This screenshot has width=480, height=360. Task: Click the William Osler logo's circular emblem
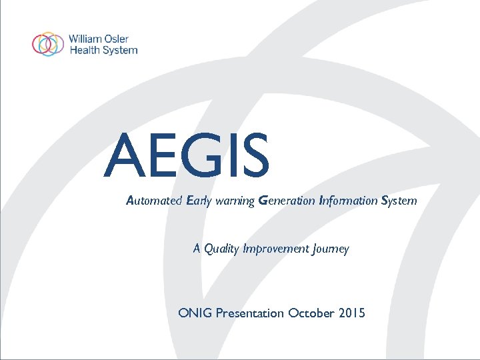pyautogui.click(x=48, y=44)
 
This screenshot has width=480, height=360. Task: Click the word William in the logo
pyautogui.click(x=84, y=39)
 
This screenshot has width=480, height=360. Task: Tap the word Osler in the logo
pyautogui.click(x=118, y=39)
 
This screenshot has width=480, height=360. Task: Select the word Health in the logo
pyautogui.click(x=83, y=50)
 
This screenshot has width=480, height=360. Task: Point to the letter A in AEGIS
pyautogui.click(x=125, y=157)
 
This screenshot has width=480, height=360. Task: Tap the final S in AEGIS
pyautogui.click(x=253, y=157)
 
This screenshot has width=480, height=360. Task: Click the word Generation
pyautogui.click(x=287, y=201)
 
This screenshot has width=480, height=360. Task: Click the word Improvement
pyautogui.click(x=275, y=249)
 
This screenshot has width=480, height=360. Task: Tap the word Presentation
pyautogui.click(x=250, y=313)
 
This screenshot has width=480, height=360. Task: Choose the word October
pyautogui.click(x=312, y=313)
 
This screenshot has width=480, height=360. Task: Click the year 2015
pyautogui.click(x=353, y=313)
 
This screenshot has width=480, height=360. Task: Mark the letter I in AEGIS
pyautogui.click(x=227, y=157)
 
